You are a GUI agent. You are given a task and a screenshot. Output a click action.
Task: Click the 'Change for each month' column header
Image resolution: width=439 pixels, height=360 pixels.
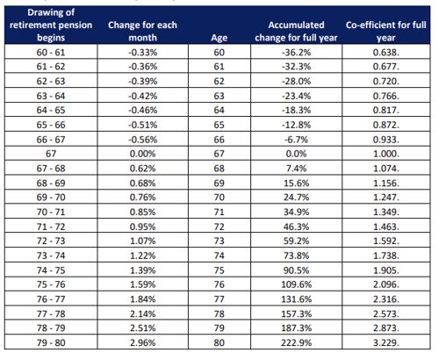click(142, 32)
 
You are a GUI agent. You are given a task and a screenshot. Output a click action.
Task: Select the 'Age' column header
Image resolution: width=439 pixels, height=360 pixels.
click(219, 38)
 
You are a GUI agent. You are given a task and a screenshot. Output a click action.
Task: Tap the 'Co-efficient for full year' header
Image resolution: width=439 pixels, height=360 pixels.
click(386, 32)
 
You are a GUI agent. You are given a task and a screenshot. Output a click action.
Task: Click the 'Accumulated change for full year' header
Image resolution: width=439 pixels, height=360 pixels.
click(296, 32)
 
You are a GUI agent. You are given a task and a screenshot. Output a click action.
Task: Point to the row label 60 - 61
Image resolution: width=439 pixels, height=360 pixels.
click(51, 53)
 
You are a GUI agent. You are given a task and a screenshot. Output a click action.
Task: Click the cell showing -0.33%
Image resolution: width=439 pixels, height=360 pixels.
click(142, 53)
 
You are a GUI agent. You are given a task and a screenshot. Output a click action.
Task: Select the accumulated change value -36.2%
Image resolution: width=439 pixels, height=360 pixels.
click(296, 53)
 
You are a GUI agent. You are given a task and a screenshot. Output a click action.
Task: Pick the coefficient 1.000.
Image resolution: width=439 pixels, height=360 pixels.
click(386, 154)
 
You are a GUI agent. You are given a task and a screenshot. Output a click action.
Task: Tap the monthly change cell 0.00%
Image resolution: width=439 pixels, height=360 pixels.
click(142, 154)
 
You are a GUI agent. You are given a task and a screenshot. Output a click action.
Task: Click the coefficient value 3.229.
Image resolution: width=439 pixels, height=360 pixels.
click(386, 342)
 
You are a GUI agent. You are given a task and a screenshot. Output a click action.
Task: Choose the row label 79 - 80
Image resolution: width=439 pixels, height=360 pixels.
click(51, 342)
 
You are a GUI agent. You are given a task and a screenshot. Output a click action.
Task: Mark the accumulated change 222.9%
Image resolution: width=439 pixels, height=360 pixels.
click(296, 342)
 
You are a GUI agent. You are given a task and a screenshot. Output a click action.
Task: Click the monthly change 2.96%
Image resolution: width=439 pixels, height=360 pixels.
click(142, 342)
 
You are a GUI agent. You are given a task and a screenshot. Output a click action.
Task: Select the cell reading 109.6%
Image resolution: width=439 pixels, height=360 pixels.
click(296, 284)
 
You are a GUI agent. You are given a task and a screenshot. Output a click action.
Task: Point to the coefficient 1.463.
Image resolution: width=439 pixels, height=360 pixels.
click(386, 227)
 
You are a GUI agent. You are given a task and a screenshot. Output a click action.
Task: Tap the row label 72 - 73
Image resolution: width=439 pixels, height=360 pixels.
click(51, 241)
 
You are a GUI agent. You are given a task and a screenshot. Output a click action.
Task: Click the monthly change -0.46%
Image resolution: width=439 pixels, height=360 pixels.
click(142, 111)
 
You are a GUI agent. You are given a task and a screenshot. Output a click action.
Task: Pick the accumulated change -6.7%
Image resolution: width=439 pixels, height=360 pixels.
click(296, 140)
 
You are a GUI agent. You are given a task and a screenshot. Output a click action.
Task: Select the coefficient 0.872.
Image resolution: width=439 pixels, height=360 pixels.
click(386, 125)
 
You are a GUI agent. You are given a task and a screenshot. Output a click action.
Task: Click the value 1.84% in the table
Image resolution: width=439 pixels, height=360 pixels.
click(142, 299)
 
